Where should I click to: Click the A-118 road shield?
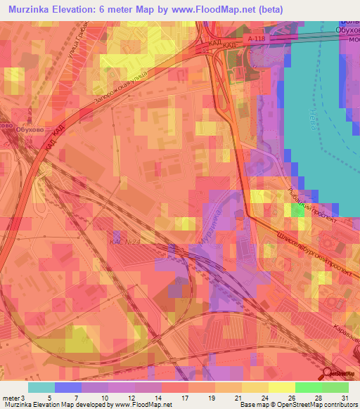tap(257, 42)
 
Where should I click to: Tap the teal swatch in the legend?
tap(41, 387)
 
